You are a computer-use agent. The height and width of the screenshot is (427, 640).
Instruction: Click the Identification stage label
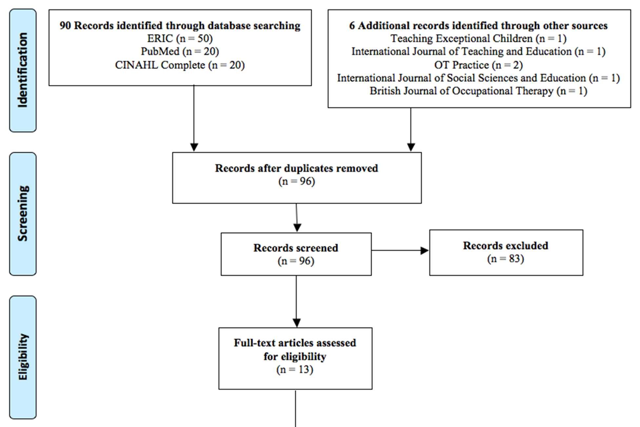pyautogui.click(x=23, y=70)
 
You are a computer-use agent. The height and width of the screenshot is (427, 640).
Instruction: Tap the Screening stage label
pyautogui.click(x=23, y=213)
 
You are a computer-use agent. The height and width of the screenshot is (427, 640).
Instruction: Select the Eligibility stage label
pyautogui.click(x=23, y=357)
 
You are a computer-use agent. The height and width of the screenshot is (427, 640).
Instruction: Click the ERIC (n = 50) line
pyautogui.click(x=180, y=39)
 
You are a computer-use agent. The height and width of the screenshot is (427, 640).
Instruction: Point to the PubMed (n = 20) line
pyautogui.click(x=180, y=51)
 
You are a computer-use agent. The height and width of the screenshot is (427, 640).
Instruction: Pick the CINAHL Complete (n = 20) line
pyautogui.click(x=180, y=65)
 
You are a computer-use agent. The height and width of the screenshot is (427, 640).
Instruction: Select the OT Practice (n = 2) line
pyautogui.click(x=478, y=65)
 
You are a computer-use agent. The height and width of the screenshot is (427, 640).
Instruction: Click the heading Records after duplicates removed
pyautogui.click(x=296, y=168)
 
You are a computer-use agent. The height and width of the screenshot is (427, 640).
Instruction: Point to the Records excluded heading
pyautogui.click(x=506, y=246)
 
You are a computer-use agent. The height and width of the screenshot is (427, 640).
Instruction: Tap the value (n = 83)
pyautogui.click(x=506, y=259)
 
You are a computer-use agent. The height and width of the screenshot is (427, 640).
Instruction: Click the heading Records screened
pyautogui.click(x=296, y=248)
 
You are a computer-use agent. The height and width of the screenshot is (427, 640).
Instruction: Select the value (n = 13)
pyautogui.click(x=295, y=370)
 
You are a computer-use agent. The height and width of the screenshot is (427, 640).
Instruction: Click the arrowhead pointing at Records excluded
pyautogui.click(x=425, y=251)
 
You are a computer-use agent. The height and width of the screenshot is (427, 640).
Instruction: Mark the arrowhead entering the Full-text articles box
pyautogui.click(x=296, y=323)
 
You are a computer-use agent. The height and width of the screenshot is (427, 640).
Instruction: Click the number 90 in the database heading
pyautogui.click(x=65, y=26)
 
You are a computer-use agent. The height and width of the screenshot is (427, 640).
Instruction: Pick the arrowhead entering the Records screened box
pyautogui.click(x=297, y=228)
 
